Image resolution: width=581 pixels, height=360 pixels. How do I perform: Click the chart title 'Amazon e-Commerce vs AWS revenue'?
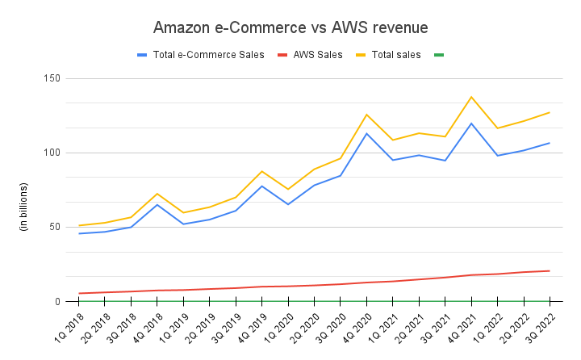coord(290,28)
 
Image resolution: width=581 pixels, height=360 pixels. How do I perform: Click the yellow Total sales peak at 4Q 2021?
coord(471,97)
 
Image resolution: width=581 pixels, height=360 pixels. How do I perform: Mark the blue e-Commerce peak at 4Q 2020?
coord(366,133)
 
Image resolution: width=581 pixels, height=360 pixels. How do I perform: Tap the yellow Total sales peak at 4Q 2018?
coord(157,194)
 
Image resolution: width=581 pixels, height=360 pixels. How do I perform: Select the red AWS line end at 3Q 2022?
coord(550,270)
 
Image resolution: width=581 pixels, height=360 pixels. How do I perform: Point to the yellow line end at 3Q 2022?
coord(550,112)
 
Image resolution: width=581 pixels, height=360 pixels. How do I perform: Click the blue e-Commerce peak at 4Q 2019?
coord(262,186)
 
